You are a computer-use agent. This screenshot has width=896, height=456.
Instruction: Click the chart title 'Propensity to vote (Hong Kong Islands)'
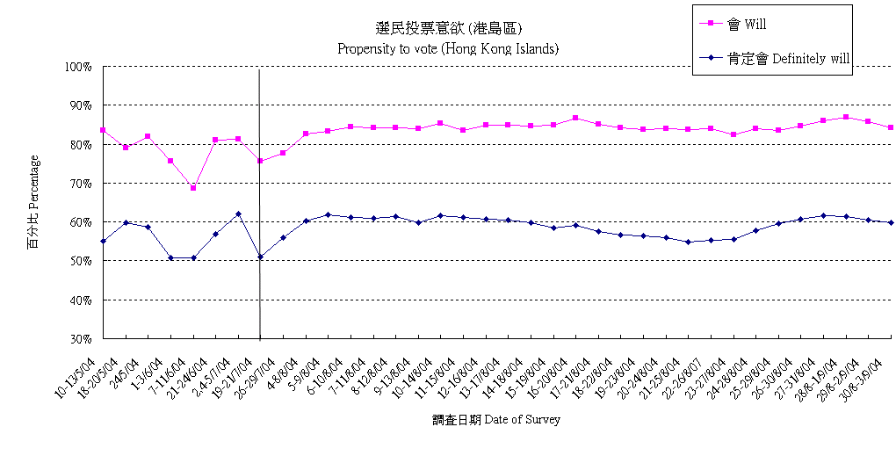pos(448,48)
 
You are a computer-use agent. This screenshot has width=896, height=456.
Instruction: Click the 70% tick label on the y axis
pos(81,184)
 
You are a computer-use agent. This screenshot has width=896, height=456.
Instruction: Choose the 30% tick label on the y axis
pos(81,339)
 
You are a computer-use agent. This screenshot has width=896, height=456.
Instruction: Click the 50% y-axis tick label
pos(81,261)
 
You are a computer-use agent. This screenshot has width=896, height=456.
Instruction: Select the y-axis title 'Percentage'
pos(34,202)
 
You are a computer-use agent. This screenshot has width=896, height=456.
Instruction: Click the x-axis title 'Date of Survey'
pos(496,420)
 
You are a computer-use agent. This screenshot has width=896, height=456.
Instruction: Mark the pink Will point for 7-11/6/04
pos(193,187)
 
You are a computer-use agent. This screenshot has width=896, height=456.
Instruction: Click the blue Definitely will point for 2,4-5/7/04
pos(238,214)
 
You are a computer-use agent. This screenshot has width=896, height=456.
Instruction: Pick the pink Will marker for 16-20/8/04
pos(575,118)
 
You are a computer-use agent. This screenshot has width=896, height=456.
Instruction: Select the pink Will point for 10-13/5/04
pos(104,130)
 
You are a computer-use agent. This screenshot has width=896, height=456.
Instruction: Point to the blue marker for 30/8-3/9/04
pos(891,222)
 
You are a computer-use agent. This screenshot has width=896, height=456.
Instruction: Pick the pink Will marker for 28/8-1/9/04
pos(846,117)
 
